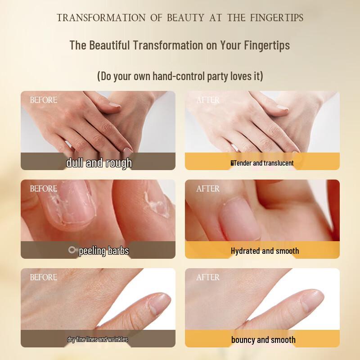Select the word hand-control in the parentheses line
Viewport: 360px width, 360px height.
[178, 76]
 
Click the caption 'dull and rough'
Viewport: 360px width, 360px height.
[99, 162]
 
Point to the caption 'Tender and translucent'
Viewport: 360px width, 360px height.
[262, 163]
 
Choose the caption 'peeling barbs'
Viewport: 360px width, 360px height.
[103, 251]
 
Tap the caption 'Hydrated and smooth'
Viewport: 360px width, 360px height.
[265, 251]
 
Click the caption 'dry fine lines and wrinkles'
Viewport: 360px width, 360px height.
[98, 339]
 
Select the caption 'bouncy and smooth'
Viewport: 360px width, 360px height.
[263, 339]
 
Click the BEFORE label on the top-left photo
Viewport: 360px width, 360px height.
[44, 100]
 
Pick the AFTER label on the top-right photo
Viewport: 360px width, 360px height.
[208, 100]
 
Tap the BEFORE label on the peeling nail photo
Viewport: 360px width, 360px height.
[44, 189]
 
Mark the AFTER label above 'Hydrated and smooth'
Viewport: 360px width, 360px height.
[208, 189]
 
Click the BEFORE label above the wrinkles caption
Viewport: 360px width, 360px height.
[44, 277]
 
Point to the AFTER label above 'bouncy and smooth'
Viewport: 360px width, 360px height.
[208, 277]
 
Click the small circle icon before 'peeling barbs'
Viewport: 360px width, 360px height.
[72, 250]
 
